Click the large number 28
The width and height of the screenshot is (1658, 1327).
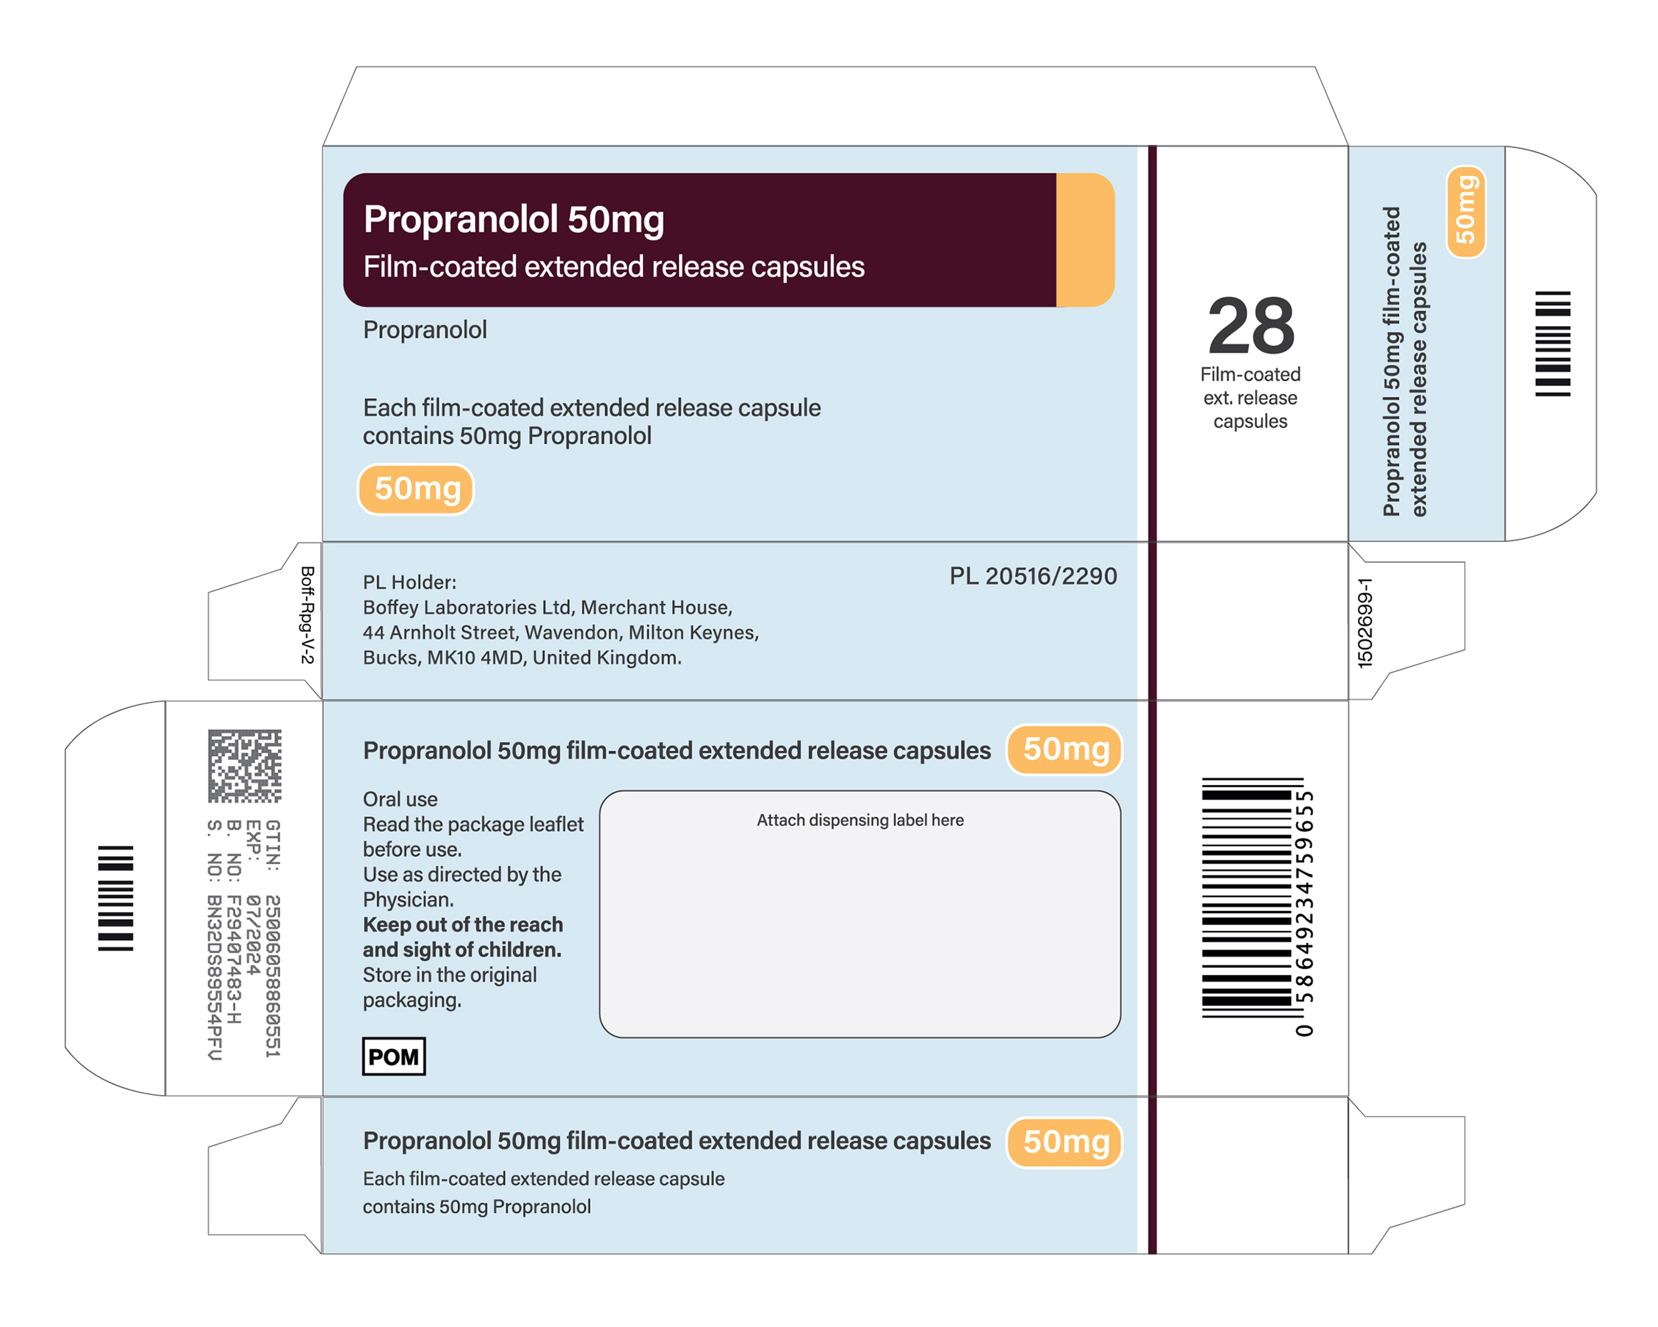coord(1251,326)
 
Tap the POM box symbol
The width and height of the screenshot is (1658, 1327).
coord(393,1056)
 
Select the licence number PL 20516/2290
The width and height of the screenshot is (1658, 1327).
coord(1033,576)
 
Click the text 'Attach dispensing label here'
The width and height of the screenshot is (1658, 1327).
coord(860,820)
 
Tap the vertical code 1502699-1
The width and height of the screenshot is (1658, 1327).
coord(1365,623)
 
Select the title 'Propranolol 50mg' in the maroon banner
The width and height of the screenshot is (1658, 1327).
coord(513,220)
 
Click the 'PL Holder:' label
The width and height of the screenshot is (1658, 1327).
coord(410,582)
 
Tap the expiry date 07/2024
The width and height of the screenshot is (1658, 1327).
coord(253,934)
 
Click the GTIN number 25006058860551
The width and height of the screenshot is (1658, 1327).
coord(272,975)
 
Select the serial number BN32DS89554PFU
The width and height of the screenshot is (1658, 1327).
coord(214,977)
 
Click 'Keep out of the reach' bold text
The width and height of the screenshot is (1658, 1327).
coord(463,924)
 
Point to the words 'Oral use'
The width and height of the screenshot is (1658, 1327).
coord(400,800)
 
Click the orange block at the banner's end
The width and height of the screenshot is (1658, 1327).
coord(1085,240)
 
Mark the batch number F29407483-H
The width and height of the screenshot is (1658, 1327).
coord(234,959)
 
